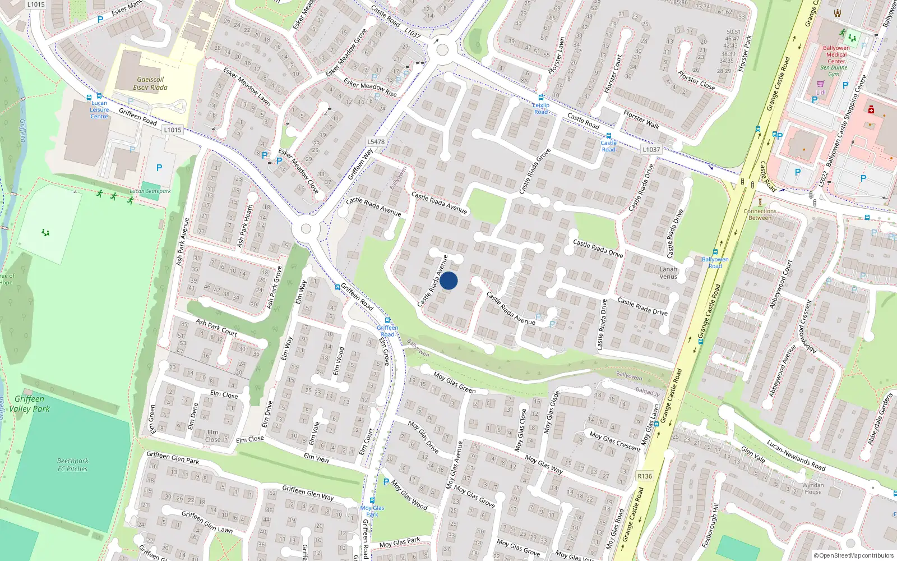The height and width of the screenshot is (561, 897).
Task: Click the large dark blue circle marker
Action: coord(449,280)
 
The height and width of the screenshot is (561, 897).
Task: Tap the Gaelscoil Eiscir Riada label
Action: coord(150,84)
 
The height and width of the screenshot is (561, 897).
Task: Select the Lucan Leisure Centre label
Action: coord(99,110)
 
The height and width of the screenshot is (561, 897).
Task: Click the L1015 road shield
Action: coord(173,130)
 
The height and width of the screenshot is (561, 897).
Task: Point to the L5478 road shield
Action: coord(376,142)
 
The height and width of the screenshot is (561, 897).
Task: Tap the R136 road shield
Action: coord(645,476)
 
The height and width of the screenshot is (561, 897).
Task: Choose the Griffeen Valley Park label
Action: coord(29,404)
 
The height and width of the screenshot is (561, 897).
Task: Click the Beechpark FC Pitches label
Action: coord(72,465)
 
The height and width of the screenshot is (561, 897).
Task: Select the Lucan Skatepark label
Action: coord(150,191)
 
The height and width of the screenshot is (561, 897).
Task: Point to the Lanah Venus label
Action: coord(668,273)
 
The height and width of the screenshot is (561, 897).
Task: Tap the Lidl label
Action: coord(821,93)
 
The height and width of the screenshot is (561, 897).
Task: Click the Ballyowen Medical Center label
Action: coord(836,54)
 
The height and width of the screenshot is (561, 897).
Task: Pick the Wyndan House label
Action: coord(813,489)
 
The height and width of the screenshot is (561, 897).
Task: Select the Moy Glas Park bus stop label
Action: coord(372,511)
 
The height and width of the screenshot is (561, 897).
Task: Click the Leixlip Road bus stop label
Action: coord(541,108)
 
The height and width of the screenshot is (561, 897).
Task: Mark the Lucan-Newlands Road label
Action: coord(796,455)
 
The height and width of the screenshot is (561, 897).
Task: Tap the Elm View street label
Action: coord(316,458)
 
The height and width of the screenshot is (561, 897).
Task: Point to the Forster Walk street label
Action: coord(641,119)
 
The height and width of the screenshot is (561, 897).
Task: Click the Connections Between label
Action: coord(760,214)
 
